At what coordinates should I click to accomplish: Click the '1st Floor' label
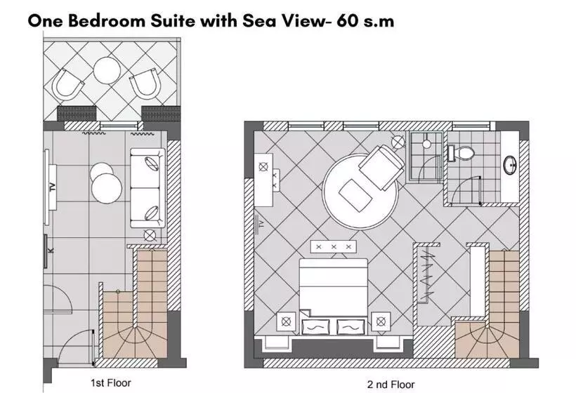(110, 383)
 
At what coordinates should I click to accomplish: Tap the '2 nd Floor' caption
(391, 385)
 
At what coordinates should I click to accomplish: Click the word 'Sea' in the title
(256, 21)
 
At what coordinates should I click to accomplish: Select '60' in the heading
(347, 21)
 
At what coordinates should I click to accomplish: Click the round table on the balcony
(107, 70)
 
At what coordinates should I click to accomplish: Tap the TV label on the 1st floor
(53, 187)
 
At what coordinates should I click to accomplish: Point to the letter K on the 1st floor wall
(51, 251)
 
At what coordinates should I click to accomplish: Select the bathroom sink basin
(510, 165)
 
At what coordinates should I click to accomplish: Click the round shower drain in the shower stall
(426, 144)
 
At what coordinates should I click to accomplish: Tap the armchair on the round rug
(381, 167)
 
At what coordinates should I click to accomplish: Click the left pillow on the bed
(315, 326)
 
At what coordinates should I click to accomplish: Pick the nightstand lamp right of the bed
(381, 321)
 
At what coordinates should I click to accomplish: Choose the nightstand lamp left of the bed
(286, 321)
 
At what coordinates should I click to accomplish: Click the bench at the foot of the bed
(334, 246)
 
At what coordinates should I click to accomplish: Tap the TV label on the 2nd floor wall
(261, 223)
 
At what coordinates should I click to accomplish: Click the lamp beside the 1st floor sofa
(150, 235)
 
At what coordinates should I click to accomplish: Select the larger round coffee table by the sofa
(107, 188)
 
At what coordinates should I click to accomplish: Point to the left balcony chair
(67, 85)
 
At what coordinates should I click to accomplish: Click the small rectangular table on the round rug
(355, 195)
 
